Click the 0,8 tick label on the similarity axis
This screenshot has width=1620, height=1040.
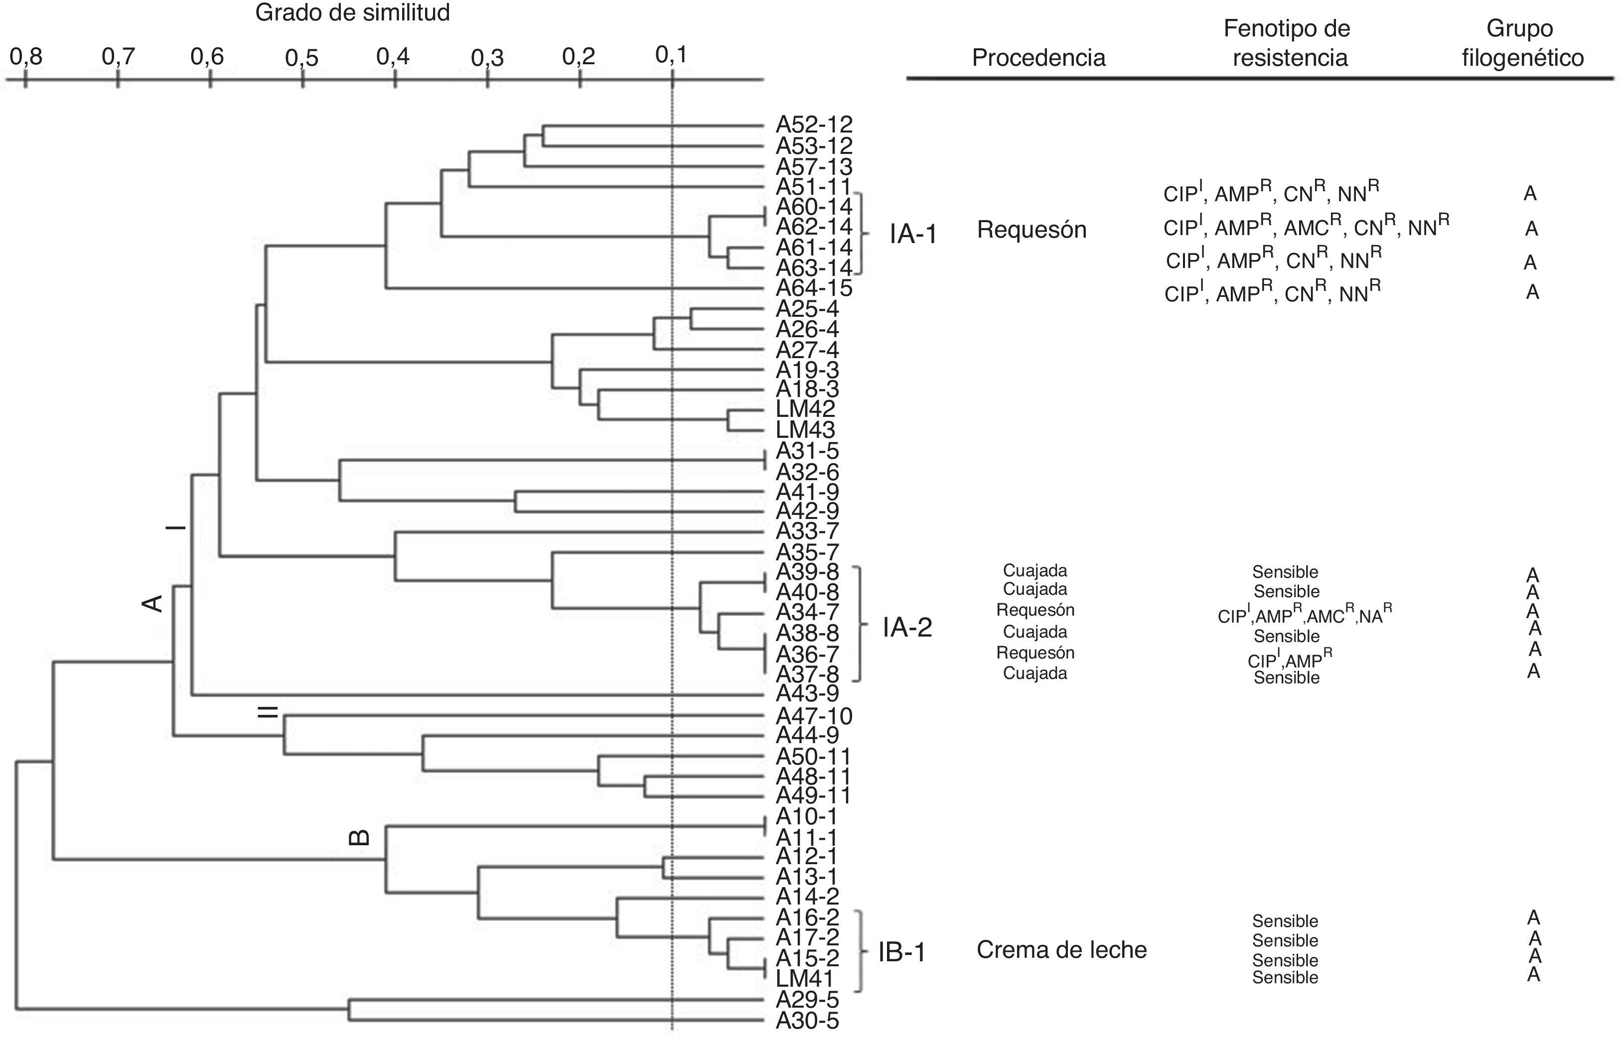click(x=26, y=57)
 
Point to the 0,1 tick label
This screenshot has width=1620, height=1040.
click(x=672, y=55)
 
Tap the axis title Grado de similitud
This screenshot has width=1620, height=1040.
click(x=352, y=13)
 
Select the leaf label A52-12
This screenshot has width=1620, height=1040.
click(x=814, y=124)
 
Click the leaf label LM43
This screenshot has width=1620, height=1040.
click(x=805, y=429)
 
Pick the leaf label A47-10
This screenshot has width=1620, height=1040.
click(x=814, y=716)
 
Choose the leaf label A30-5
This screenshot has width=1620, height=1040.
click(x=807, y=1021)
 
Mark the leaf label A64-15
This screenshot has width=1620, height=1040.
click(x=814, y=288)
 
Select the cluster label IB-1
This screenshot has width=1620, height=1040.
click(x=902, y=952)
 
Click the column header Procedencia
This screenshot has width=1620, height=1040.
click(x=1038, y=58)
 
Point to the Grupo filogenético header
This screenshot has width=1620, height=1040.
click(x=1523, y=43)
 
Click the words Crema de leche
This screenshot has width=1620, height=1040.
click(x=1061, y=950)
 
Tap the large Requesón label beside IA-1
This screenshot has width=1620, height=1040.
click(x=1031, y=230)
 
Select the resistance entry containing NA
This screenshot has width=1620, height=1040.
click(x=1305, y=615)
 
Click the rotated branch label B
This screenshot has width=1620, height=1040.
click(x=359, y=837)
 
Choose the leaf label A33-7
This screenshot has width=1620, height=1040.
click(x=807, y=531)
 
